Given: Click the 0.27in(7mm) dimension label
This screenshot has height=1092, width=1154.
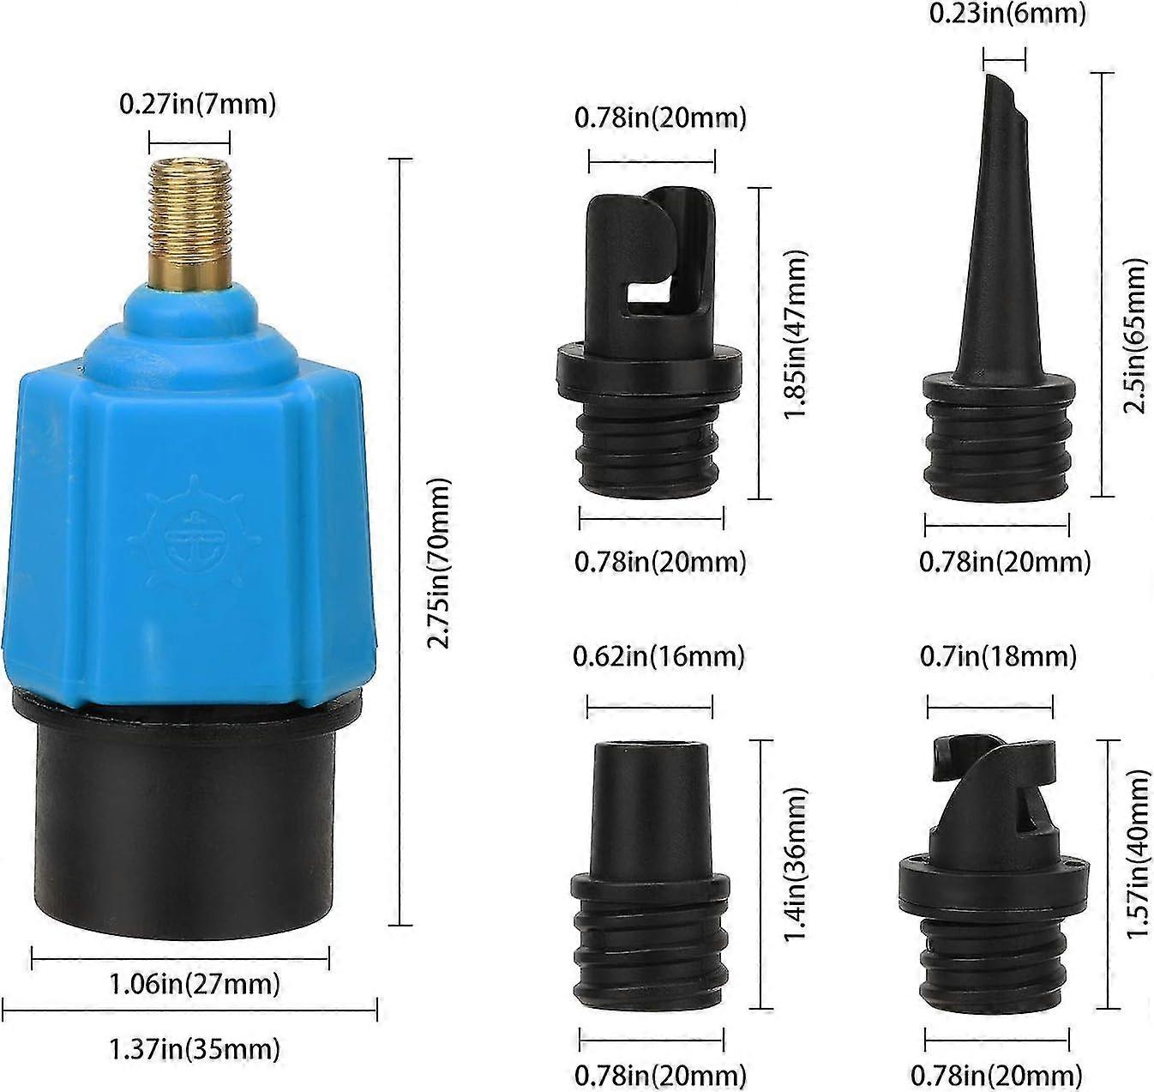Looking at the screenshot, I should point(197,105).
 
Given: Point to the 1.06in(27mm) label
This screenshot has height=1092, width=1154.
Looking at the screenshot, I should point(195,983).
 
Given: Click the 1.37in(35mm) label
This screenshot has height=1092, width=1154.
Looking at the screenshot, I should point(195,1048).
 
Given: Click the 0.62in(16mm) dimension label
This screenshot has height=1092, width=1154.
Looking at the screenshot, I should point(658,656).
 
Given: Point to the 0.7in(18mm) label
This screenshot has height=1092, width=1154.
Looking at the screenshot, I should point(998,656).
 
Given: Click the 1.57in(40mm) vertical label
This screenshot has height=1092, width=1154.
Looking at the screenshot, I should point(1138,854).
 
